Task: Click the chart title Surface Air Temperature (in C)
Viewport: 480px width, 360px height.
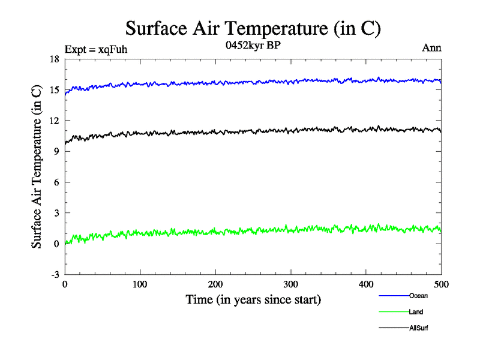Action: (253, 29)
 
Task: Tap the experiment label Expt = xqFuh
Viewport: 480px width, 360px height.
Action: (95, 49)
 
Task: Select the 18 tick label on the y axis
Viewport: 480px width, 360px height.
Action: (54, 59)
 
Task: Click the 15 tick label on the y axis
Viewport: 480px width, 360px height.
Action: (54, 89)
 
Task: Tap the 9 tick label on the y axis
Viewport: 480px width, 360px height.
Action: (56, 151)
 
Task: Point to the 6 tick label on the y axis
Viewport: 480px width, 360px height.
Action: (56, 182)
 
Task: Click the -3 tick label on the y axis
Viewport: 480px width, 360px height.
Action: (54, 274)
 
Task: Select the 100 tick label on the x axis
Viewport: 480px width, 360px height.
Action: (140, 284)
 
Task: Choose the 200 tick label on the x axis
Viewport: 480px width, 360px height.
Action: (215, 284)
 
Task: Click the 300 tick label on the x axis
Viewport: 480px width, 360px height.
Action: (290, 284)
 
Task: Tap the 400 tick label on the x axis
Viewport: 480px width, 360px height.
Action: (366, 284)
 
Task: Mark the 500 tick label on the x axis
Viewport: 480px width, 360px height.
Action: (441, 284)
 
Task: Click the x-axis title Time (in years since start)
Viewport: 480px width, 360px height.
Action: (253, 299)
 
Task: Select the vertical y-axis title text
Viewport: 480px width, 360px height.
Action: (37, 166)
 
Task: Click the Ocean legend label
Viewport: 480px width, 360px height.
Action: (418, 296)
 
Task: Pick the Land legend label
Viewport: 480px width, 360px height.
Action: (416, 312)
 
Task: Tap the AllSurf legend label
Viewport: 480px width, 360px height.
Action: (418, 328)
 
